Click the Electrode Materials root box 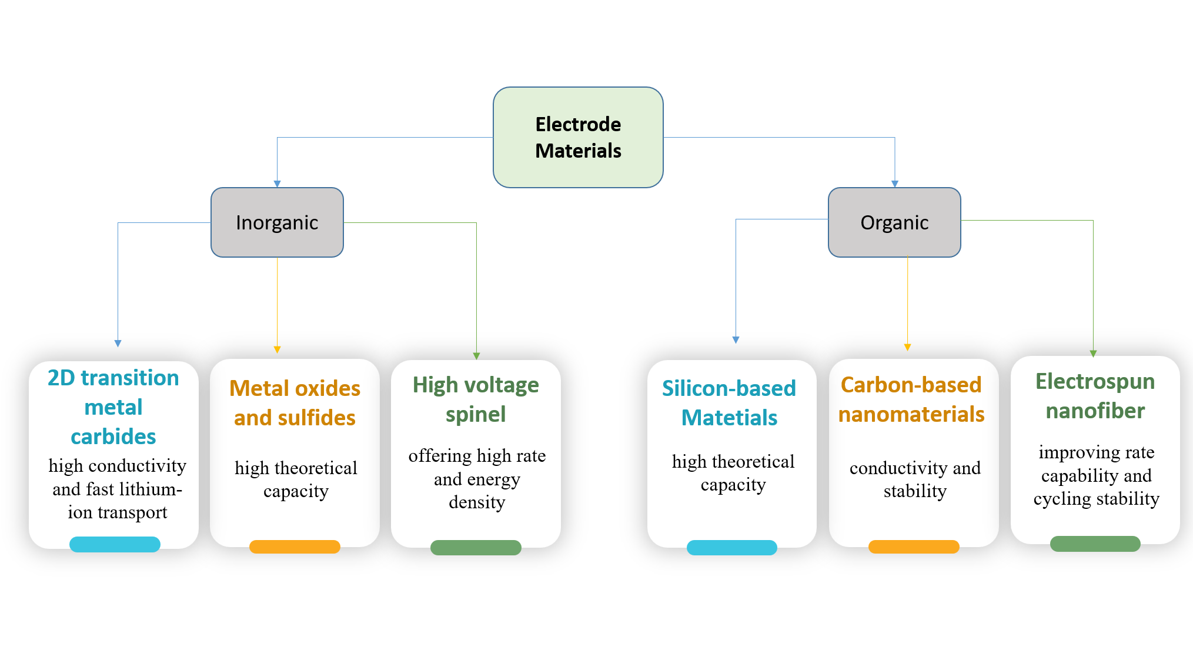pos(578,138)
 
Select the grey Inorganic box pos(277,222)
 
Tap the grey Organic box pos(894,222)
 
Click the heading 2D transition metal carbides pos(113,407)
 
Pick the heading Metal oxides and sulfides pos(295,403)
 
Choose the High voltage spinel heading pos(476,399)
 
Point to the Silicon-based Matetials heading pos(729,403)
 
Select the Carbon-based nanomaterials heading pos(911,399)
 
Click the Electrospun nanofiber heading pos(1095,396)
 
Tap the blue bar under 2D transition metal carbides pos(115,544)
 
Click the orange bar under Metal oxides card pos(295,547)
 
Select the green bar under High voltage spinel pos(476,548)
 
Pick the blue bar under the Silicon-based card pos(732,548)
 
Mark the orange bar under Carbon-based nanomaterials pos(914,547)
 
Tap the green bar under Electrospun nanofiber pos(1095,544)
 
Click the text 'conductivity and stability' pos(915,479)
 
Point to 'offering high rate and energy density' pos(477,479)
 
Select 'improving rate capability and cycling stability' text pos(1097,475)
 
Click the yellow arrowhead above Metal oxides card pos(278,349)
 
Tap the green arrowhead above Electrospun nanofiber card pos(1093,354)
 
